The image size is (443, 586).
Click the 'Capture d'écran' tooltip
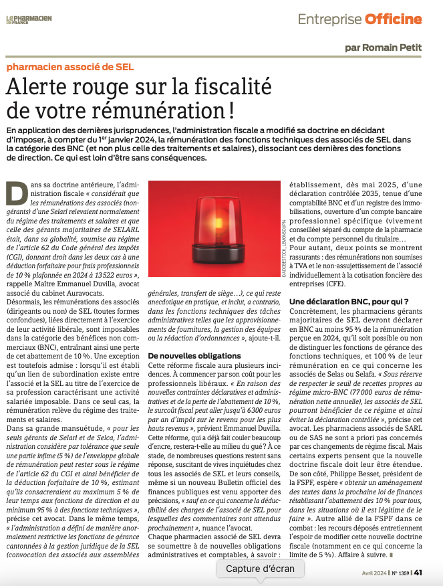260,569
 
